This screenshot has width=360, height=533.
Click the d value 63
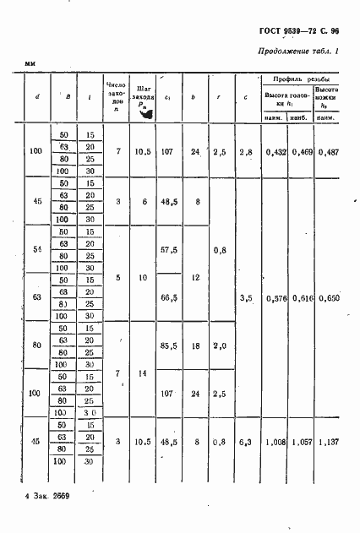pyautogui.click(x=35, y=298)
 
